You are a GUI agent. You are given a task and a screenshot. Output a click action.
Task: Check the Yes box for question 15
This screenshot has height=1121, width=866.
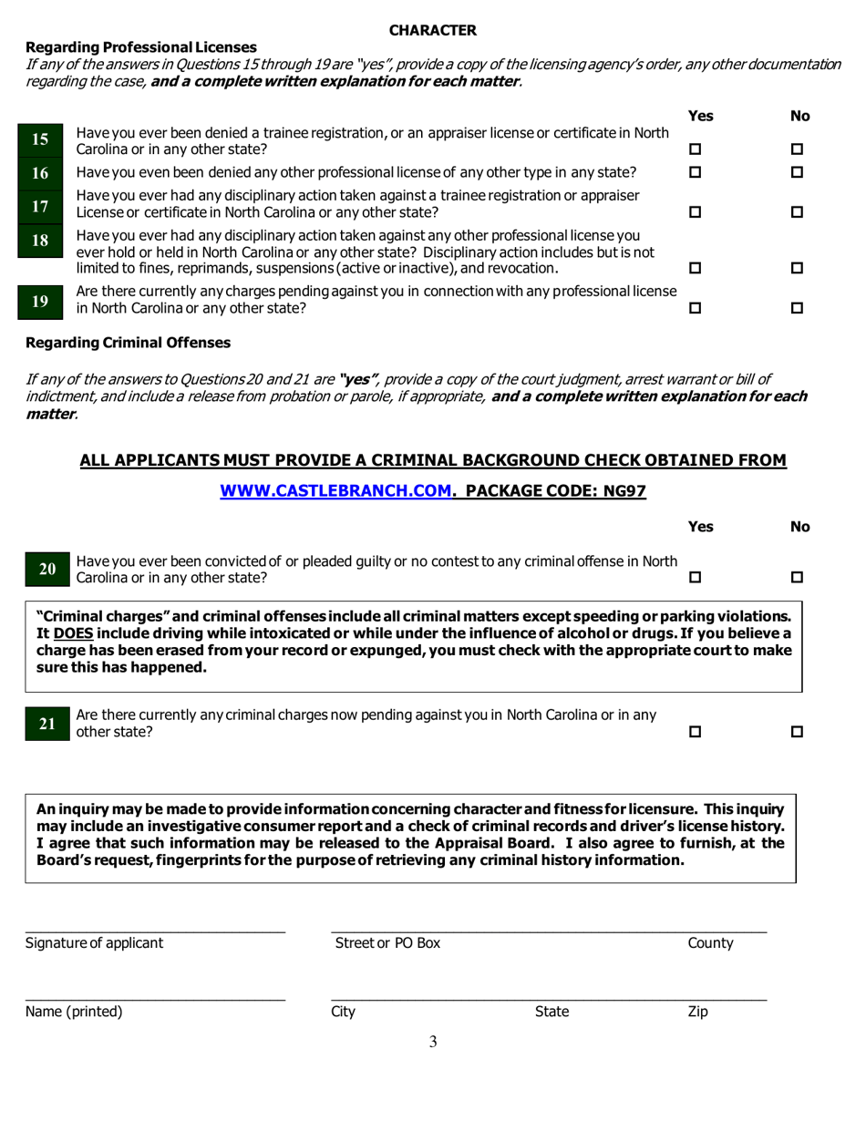pos(696,149)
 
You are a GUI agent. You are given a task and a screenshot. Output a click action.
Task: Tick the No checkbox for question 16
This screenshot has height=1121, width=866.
pos(797,173)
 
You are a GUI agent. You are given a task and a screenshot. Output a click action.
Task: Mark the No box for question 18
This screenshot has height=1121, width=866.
pos(797,269)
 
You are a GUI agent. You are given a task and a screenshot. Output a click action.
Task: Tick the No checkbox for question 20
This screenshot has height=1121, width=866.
pos(797,577)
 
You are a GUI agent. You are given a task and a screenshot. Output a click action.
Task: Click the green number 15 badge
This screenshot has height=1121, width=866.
pos(40,140)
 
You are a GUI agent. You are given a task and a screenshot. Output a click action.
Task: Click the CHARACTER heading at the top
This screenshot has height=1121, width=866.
pos(432,30)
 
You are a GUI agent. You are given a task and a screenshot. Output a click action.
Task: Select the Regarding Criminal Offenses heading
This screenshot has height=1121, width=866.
pos(128,343)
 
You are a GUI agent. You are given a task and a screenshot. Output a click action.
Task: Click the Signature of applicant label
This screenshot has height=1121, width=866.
pos(95,943)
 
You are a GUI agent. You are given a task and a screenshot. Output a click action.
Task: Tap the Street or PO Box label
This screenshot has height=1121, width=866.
pos(387,943)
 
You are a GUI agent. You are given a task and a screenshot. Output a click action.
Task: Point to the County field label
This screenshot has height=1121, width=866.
pos(710,943)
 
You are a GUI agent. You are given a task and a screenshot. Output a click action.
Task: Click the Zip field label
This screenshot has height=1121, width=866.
pos(697,1011)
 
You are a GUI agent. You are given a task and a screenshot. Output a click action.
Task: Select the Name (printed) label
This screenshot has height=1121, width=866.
pos(74,1011)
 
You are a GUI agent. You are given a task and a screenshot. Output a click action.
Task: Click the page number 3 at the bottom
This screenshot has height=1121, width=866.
pos(433,1043)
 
